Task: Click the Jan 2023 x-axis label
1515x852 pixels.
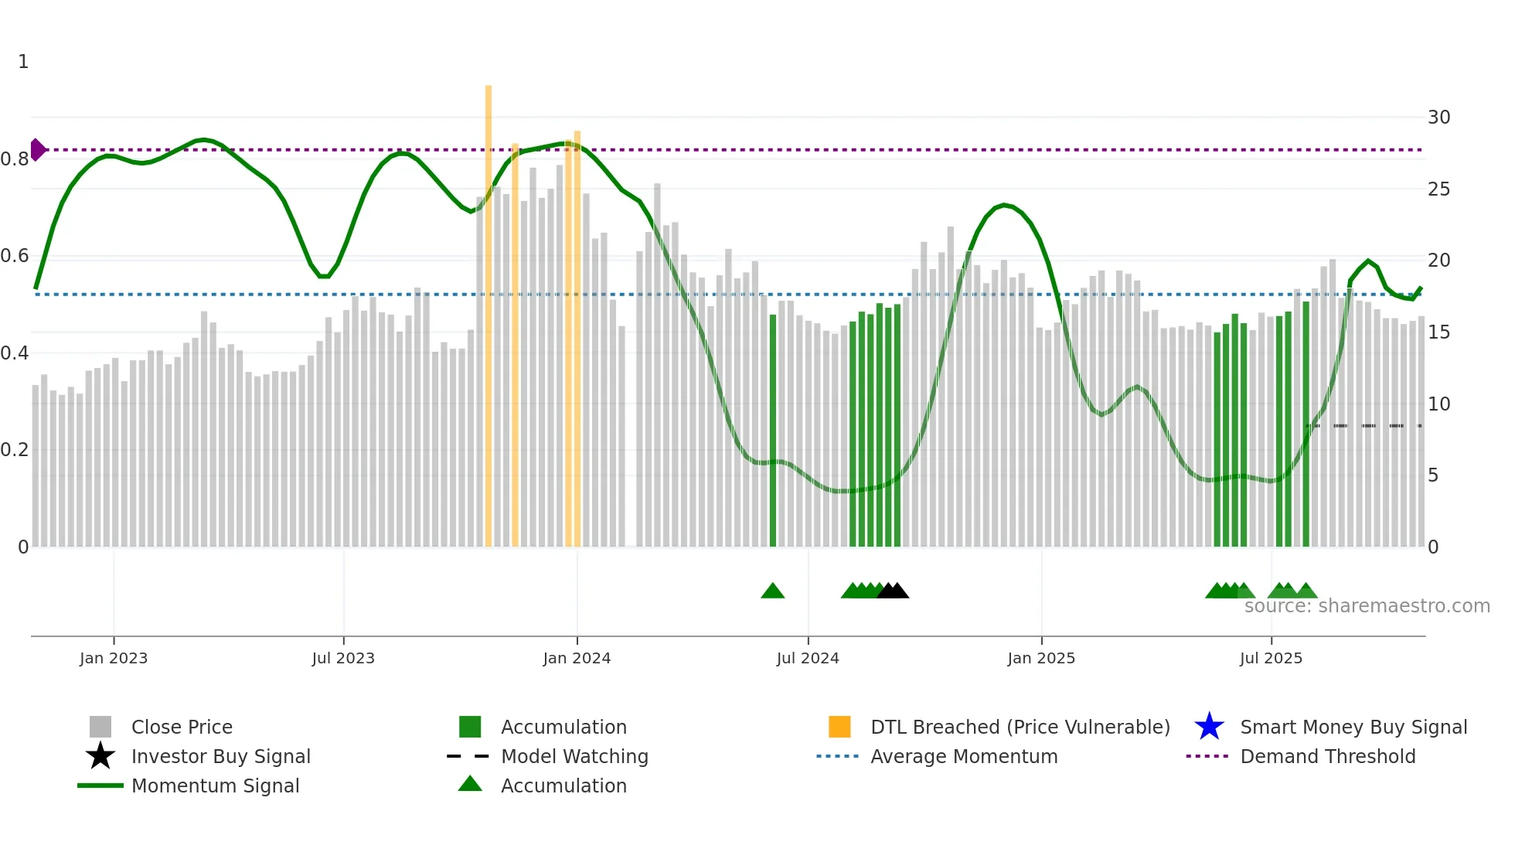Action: pyautogui.click(x=114, y=658)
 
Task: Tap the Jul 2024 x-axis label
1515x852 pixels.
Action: pyautogui.click(x=808, y=658)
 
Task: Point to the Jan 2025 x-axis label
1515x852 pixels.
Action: pyautogui.click(x=1041, y=658)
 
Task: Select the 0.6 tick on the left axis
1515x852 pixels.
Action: pyautogui.click(x=15, y=256)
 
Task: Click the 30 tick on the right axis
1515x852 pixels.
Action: pyautogui.click(x=1438, y=118)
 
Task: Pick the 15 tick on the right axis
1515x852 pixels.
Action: pyautogui.click(x=1438, y=332)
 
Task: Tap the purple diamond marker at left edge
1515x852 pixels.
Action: pyautogui.click(x=37, y=149)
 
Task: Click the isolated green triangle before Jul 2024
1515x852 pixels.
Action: pyautogui.click(x=772, y=591)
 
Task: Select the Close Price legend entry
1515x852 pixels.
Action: pyautogui.click(x=182, y=727)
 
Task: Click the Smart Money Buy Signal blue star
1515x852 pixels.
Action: pyautogui.click(x=1209, y=727)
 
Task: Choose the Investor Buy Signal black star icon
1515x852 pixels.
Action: pyautogui.click(x=100, y=756)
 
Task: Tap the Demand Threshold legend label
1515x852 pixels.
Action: pyautogui.click(x=1327, y=756)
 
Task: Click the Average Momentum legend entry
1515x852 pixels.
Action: pyautogui.click(x=963, y=756)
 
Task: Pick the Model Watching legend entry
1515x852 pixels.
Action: pyautogui.click(x=574, y=756)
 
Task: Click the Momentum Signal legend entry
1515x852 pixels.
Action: pyautogui.click(x=215, y=786)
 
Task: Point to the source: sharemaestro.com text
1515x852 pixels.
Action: pyautogui.click(x=1367, y=606)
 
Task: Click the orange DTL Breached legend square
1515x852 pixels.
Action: pyautogui.click(x=839, y=727)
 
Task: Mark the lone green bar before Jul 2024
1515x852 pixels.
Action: pyautogui.click(x=773, y=430)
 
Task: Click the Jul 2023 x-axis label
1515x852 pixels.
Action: pyautogui.click(x=343, y=658)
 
